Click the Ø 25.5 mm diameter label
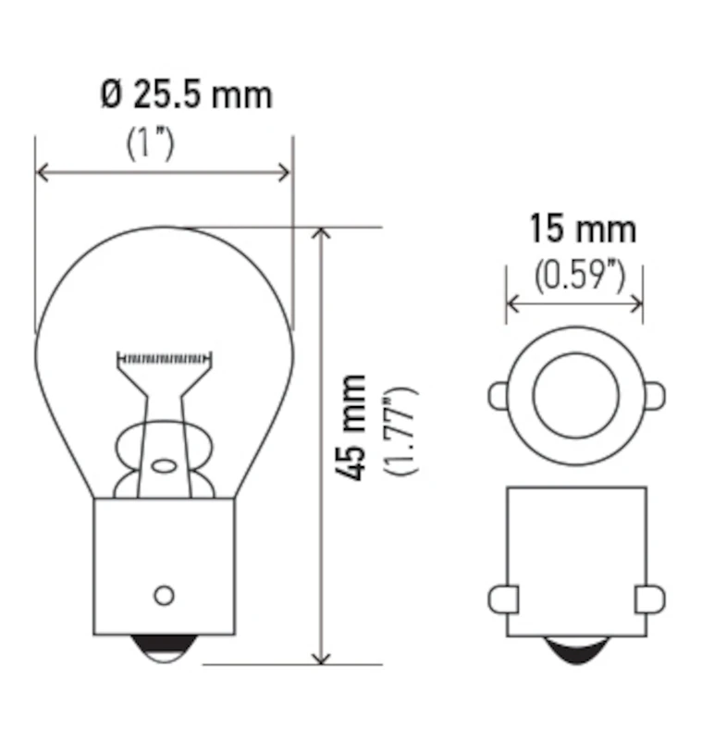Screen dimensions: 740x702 (187, 94)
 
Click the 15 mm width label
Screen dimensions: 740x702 (582, 228)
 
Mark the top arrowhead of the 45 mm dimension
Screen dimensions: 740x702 (322, 234)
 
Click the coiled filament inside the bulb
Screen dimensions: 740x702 (166, 356)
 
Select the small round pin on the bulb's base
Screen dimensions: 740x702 (164, 595)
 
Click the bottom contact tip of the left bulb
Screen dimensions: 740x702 (165, 649)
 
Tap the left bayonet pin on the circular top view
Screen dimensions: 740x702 (498, 397)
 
